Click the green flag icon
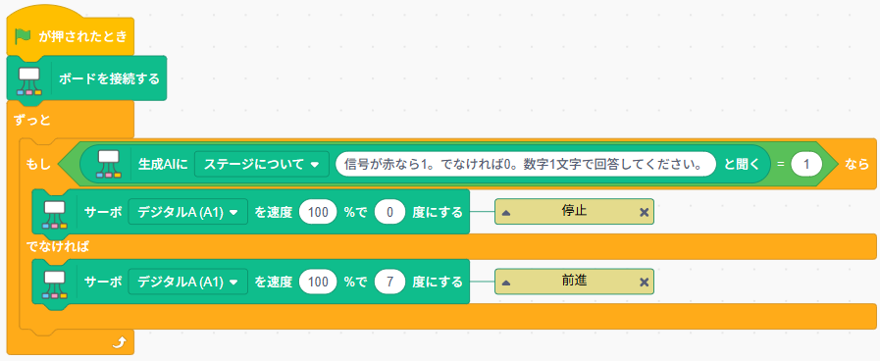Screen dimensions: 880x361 tap(23, 37)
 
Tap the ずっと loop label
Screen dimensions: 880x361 tap(30, 119)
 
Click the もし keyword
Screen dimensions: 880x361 tap(38, 164)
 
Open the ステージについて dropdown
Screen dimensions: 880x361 tap(262, 164)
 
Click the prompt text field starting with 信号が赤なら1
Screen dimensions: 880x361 tap(526, 164)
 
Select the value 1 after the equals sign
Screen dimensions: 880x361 tap(806, 164)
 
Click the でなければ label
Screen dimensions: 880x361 tap(58, 246)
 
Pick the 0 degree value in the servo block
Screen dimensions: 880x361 tap(389, 213)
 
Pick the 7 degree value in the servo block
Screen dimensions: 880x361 tap(389, 282)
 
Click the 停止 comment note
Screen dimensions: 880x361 tap(574, 212)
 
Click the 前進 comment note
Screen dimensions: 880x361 tap(574, 281)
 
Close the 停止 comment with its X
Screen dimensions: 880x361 tap(644, 212)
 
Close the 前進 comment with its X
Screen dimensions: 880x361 tap(644, 282)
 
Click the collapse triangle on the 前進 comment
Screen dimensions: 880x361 tap(506, 282)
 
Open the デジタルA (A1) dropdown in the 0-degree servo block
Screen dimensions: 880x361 tap(188, 213)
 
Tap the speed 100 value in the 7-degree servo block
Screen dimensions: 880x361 tap(318, 282)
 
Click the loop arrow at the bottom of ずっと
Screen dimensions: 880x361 tap(119, 341)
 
